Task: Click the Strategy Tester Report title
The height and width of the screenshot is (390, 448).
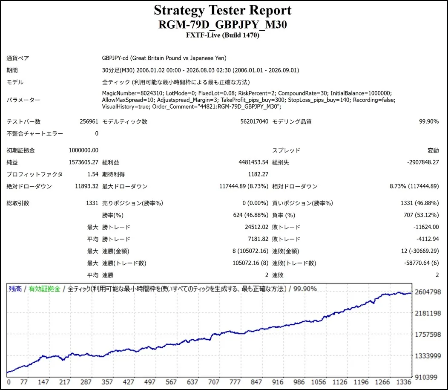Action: pyautogui.click(x=223, y=10)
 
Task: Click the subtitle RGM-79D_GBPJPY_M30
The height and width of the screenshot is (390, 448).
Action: pyautogui.click(x=223, y=25)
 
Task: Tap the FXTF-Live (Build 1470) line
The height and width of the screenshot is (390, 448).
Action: pyautogui.click(x=223, y=35)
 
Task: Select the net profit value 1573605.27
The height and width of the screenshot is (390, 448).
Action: pyautogui.click(x=83, y=162)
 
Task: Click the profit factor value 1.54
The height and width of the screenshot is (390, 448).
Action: pyautogui.click(x=92, y=174)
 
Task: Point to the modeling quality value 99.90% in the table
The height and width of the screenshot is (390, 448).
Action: pyautogui.click(x=428, y=121)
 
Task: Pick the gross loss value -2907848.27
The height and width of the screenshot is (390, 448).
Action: pyautogui.click(x=423, y=162)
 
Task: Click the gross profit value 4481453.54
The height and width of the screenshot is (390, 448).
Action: pyautogui.click(x=253, y=162)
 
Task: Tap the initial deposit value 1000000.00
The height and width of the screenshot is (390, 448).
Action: pyautogui.click(x=83, y=150)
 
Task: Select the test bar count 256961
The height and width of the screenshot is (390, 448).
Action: pyautogui.click(x=89, y=121)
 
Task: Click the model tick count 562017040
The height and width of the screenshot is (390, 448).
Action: pyautogui.click(x=254, y=121)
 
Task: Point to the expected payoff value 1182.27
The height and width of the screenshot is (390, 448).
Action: pyautogui.click(x=258, y=174)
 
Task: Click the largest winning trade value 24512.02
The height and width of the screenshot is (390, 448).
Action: pyautogui.click(x=256, y=227)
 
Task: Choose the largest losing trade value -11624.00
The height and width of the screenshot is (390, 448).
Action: pyautogui.click(x=426, y=227)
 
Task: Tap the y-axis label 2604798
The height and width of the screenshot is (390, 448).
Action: pyautogui.click(x=428, y=292)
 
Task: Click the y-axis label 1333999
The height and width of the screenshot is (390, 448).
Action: pyautogui.click(x=428, y=356)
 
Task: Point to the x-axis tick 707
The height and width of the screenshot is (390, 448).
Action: pyautogui.click(x=214, y=382)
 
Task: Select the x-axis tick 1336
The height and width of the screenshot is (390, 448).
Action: pyautogui.click(x=404, y=382)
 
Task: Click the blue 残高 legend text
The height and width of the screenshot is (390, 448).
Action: pyautogui.click(x=15, y=289)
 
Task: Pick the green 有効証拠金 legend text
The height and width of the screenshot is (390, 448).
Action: pyautogui.click(x=45, y=289)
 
